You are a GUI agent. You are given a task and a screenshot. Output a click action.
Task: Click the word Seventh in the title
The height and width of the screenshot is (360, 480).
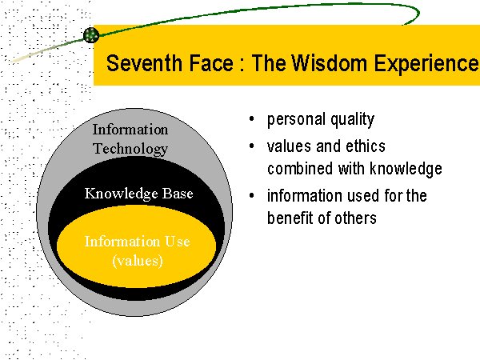[x=144, y=63]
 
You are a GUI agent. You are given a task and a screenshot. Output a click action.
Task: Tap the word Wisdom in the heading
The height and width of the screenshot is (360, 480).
[x=329, y=63]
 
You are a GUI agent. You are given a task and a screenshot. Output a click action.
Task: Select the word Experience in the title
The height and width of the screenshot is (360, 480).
[x=426, y=64]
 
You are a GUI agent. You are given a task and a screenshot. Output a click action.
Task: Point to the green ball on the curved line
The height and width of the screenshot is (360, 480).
[x=91, y=34]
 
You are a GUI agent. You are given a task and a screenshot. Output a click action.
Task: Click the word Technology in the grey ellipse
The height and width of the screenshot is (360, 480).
[x=130, y=149]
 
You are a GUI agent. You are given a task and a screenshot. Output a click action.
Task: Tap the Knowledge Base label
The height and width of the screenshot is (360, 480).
[x=138, y=194]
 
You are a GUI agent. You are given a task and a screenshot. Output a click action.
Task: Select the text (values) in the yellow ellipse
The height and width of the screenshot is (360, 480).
[x=138, y=261]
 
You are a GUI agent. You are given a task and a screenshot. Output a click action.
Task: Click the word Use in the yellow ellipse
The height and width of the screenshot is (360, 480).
[x=178, y=242]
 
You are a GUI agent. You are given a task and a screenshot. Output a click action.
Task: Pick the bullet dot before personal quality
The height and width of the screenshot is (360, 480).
[x=252, y=118]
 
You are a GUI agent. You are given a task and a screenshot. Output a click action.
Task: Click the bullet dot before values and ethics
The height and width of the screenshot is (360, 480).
[x=252, y=146]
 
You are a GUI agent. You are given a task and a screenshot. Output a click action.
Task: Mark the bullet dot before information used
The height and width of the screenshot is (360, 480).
[x=252, y=195]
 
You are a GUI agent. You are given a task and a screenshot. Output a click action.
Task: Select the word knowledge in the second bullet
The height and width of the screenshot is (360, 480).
[x=406, y=169]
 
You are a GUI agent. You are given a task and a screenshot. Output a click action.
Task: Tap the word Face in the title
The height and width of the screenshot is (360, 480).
[x=211, y=63]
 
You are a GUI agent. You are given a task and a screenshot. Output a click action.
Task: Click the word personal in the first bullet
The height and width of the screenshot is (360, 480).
[x=296, y=120]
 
